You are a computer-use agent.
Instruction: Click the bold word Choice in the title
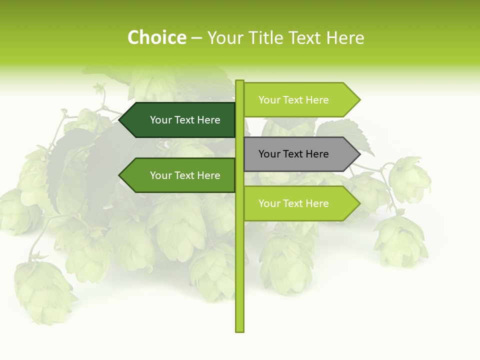pos(156,38)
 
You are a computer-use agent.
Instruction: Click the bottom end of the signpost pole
pos(239,330)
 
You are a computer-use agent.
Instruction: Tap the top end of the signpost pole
pos(239,81)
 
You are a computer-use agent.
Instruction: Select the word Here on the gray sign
pos(317,154)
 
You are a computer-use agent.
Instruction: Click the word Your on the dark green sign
pos(161,120)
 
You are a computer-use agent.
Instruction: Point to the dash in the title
pos(196,38)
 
